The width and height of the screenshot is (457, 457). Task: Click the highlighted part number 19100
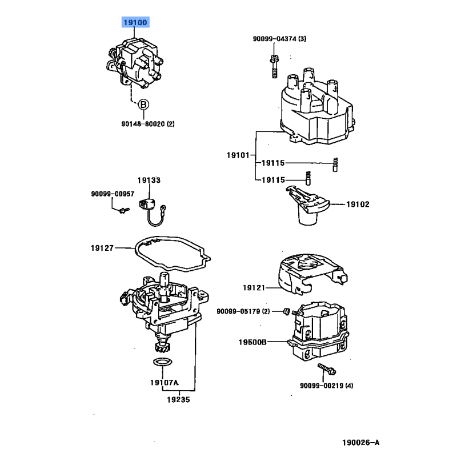pyautogui.click(x=135, y=22)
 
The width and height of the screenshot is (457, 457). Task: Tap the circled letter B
pyautogui.click(x=143, y=105)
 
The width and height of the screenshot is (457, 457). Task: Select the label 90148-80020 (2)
pyautogui.click(x=148, y=124)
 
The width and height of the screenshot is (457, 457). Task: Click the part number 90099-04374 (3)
pyautogui.click(x=279, y=39)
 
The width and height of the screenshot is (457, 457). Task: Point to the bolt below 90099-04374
pyautogui.click(x=274, y=67)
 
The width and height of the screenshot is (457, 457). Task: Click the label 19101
pyautogui.click(x=238, y=155)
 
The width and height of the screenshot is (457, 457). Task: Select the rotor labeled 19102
pyautogui.click(x=307, y=205)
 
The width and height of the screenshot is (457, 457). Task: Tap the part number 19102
pyautogui.click(x=358, y=205)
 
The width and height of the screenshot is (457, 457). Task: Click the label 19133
pyautogui.click(x=149, y=180)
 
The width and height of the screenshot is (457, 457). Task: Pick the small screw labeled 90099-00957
pyautogui.click(x=125, y=210)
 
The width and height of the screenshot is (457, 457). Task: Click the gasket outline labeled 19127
pyautogui.click(x=173, y=253)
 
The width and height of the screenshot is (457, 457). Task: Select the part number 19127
pyautogui.click(x=102, y=248)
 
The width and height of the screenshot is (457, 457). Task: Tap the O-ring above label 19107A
pyautogui.click(x=163, y=362)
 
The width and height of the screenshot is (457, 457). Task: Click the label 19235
pyautogui.click(x=178, y=399)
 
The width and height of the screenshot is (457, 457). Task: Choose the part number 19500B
pyautogui.click(x=252, y=342)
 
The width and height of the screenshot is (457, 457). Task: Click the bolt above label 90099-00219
pyautogui.click(x=327, y=369)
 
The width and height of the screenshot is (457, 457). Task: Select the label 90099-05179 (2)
pyautogui.click(x=243, y=311)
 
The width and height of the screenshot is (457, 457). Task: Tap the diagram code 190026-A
pyautogui.click(x=361, y=443)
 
